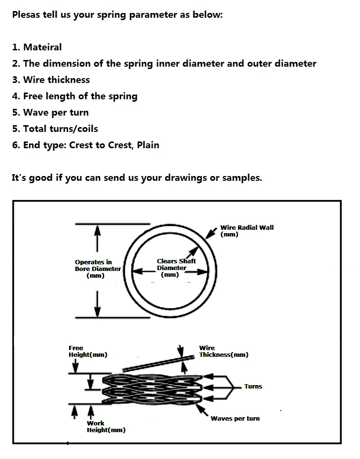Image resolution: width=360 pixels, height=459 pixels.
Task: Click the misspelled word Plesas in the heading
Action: click(26, 14)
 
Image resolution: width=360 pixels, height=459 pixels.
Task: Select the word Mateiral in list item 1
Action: click(42, 47)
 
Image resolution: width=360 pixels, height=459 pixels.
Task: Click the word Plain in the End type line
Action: click(148, 145)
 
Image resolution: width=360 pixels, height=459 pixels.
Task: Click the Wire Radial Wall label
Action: click(247, 231)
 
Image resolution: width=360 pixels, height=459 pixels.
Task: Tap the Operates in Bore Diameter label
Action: click(97, 269)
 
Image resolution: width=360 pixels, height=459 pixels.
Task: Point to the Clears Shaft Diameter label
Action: click(176, 268)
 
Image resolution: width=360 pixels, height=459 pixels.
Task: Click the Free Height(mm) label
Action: click(87, 351)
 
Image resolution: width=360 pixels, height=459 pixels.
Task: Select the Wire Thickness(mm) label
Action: click(223, 351)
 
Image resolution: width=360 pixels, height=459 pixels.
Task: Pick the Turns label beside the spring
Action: click(253, 386)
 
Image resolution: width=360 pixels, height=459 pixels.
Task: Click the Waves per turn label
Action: click(235, 418)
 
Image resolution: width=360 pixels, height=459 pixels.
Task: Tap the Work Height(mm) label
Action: click(106, 426)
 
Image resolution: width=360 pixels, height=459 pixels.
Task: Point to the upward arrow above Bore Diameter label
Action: click(97, 237)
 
